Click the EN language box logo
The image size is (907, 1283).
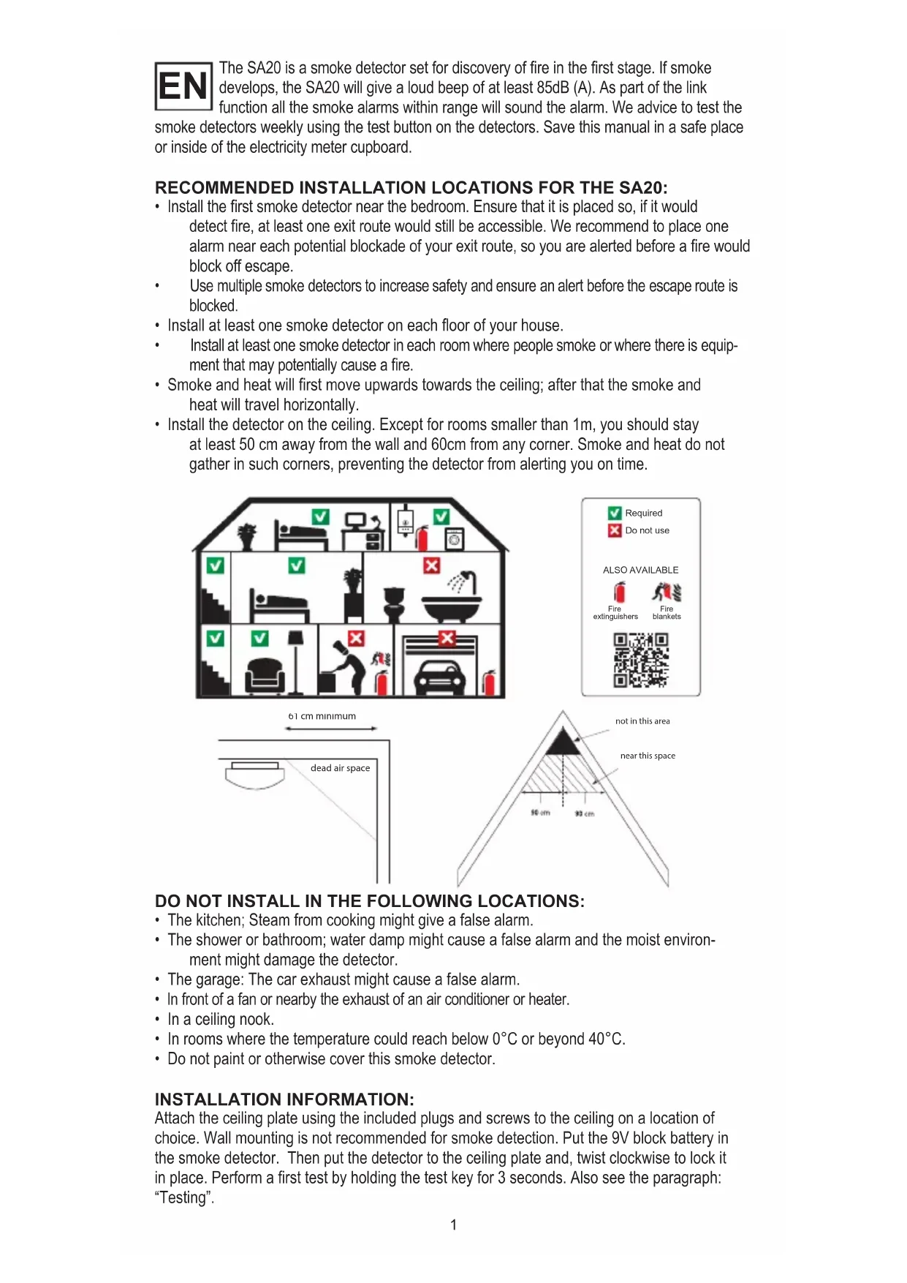(x=183, y=86)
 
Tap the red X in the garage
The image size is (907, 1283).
(x=447, y=639)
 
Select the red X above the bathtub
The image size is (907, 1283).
(x=432, y=565)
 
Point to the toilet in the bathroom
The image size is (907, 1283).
(x=395, y=603)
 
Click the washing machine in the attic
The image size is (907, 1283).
(x=454, y=539)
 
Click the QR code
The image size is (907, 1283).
(x=641, y=660)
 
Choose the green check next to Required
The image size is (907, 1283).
(x=615, y=513)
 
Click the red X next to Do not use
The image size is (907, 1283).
(x=615, y=530)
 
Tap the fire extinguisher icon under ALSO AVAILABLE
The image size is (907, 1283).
(x=619, y=592)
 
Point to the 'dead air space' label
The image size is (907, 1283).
(x=340, y=768)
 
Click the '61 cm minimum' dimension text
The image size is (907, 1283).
(x=322, y=716)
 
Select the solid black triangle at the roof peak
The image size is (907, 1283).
(x=563, y=742)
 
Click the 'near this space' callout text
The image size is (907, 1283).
(x=648, y=756)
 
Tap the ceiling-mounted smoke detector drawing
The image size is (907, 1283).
(x=254, y=773)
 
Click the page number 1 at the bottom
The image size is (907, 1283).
(x=454, y=1224)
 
